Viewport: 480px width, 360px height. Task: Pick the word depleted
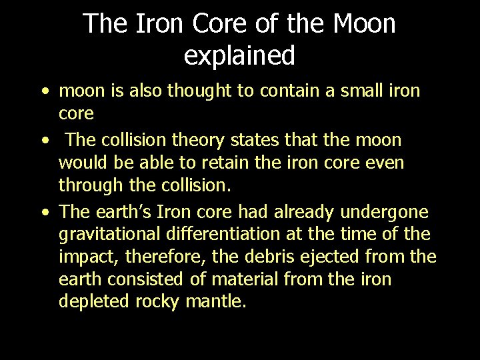(95, 301)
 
